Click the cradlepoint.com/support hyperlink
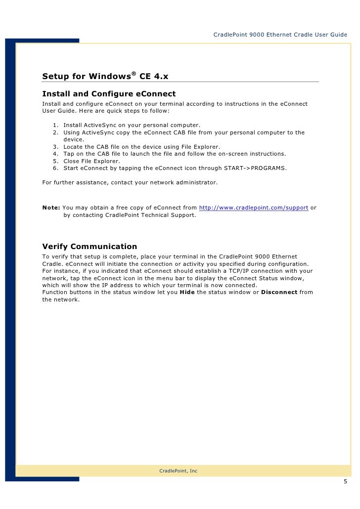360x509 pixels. tap(254, 208)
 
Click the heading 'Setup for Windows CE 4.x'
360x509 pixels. tap(105, 77)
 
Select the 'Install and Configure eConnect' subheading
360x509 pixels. tap(109, 94)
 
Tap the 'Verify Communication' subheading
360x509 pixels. tap(90, 247)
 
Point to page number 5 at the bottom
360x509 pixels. tap(345, 482)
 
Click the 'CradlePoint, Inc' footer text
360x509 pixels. tap(178, 471)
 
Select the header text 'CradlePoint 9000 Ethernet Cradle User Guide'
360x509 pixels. tap(280, 35)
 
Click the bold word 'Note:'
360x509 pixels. tap(51, 208)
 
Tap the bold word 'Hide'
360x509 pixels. tap(187, 292)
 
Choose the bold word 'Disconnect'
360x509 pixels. tap(279, 292)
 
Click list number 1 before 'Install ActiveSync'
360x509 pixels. tap(55, 125)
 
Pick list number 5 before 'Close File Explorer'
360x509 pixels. tap(55, 161)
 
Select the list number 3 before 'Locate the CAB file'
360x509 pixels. tap(55, 147)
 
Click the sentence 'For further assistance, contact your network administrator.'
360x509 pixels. tap(130, 182)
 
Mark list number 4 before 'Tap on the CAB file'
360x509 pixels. tap(55, 154)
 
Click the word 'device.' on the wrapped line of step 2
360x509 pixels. tap(74, 140)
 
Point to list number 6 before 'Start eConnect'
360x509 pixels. tap(55, 168)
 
